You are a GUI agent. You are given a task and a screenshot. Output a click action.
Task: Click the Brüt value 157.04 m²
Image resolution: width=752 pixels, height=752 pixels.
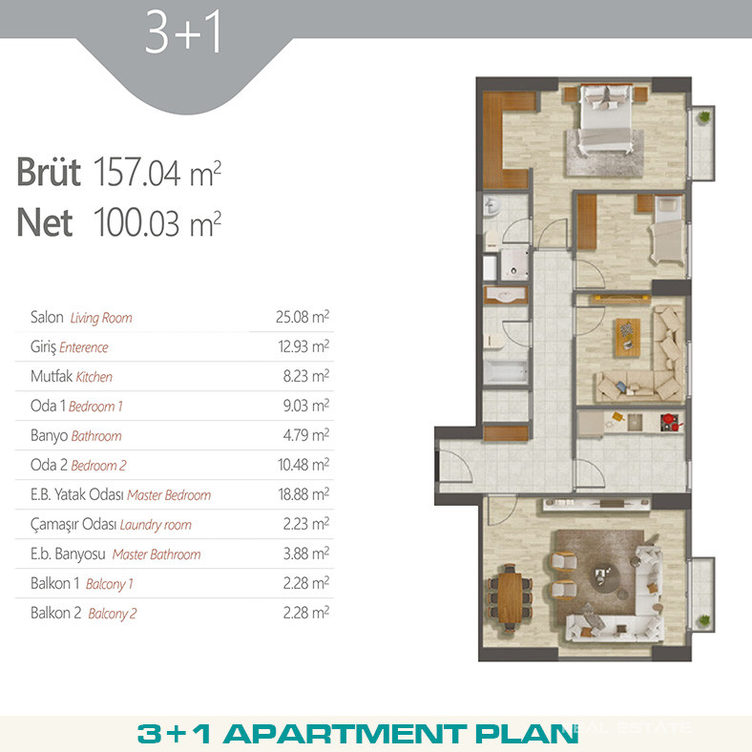[x=157, y=172]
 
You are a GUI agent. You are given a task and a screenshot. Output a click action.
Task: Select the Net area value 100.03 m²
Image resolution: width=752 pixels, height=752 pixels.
[x=157, y=222]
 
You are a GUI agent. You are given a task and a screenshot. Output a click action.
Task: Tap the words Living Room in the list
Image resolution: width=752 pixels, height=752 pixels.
[x=101, y=318]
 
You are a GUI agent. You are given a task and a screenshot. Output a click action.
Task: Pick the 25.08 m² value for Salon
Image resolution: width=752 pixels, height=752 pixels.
[x=303, y=317]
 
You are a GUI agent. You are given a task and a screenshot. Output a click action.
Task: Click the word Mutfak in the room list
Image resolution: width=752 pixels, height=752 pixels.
[x=52, y=376]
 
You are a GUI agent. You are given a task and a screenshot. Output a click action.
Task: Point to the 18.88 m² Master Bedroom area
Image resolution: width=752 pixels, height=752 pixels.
[x=303, y=494]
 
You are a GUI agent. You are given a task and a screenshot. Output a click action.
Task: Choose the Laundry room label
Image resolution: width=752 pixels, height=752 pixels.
[x=156, y=525]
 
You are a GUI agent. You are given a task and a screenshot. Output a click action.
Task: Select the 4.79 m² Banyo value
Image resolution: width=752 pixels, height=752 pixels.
[x=306, y=435]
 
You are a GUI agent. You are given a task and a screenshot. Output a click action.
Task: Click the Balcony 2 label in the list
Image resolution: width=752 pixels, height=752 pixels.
[x=113, y=614]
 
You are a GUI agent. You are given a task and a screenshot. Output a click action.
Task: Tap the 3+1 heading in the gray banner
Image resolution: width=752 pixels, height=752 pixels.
[x=183, y=32]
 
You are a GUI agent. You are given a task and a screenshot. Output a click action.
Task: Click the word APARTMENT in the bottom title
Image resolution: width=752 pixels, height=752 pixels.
[x=345, y=734]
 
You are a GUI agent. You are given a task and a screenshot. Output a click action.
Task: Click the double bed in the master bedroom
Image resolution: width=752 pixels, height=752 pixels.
[x=605, y=118]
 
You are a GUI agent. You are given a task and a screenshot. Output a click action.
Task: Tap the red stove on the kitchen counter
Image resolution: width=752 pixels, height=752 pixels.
[x=669, y=422]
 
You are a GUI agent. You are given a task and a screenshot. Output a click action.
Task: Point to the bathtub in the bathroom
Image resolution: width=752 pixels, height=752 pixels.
[x=506, y=371]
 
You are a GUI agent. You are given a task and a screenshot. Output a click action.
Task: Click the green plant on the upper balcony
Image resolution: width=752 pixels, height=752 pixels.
[x=704, y=116]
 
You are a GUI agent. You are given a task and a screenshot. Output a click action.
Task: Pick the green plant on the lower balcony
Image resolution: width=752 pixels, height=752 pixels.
[x=704, y=620]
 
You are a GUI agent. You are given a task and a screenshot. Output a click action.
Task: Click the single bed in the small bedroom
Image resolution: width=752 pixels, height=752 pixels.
[x=668, y=229]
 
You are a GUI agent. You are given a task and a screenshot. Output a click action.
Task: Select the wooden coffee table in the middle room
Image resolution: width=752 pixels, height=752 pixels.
[x=627, y=338]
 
